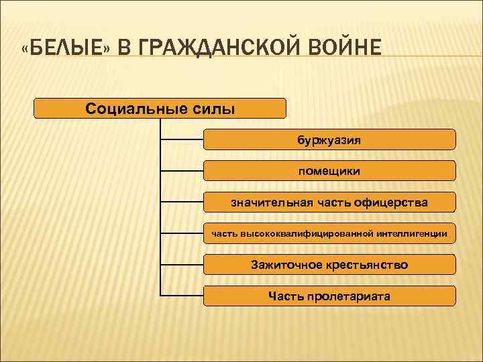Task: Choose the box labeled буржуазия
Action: click(329, 140)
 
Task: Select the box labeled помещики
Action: click(329, 171)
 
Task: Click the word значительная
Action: click(266, 202)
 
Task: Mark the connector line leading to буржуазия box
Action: click(182, 140)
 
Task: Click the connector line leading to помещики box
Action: click(182, 171)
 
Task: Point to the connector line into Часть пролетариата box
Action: click(182, 296)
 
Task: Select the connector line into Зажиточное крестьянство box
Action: click(182, 265)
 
